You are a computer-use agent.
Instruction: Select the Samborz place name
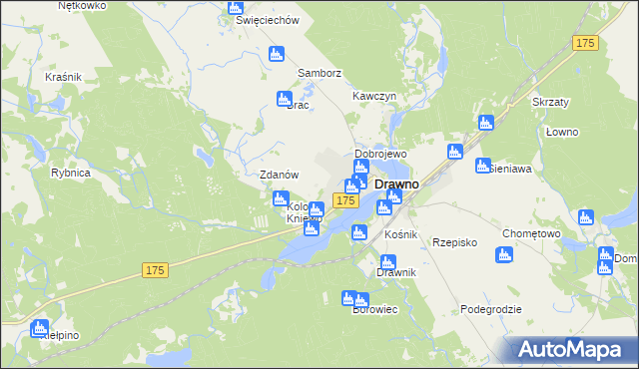[320, 74]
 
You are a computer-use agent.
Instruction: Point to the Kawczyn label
[375, 96]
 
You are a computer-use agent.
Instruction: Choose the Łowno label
[562, 132]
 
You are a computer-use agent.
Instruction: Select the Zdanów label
[280, 175]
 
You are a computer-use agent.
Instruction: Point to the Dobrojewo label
[380, 156]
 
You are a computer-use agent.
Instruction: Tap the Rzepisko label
[453, 242]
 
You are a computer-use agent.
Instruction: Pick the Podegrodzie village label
[491, 309]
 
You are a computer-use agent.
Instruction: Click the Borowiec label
[375, 309]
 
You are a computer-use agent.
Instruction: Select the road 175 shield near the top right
[586, 43]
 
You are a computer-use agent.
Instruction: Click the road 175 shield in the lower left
[154, 270]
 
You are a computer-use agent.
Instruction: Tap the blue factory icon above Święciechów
[236, 7]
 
